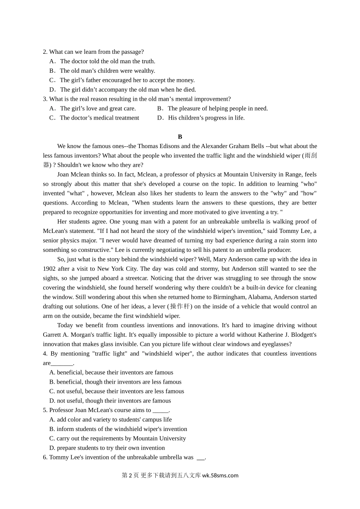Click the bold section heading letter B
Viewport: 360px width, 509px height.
[x=180, y=137]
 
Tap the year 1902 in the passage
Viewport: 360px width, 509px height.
[x=49, y=269]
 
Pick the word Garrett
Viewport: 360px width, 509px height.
[x=52, y=335]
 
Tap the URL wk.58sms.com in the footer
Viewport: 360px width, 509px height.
[x=220, y=476]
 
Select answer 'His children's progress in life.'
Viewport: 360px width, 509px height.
[x=206, y=118]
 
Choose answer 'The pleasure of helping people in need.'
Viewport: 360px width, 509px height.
[x=218, y=109]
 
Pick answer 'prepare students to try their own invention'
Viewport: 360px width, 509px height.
[x=111, y=448]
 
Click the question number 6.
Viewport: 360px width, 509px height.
[x=45, y=457]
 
